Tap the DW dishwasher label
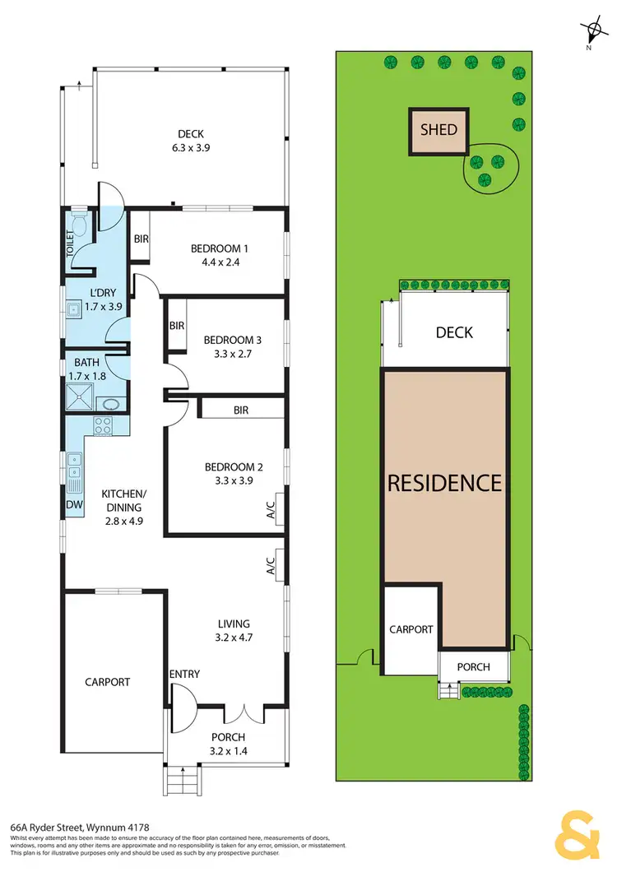click(x=74, y=504)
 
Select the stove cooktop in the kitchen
click(x=104, y=426)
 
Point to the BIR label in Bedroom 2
click(x=240, y=410)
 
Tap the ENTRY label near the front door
click(x=184, y=675)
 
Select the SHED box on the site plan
click(x=438, y=130)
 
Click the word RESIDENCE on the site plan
click(x=444, y=482)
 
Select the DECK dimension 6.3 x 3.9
click(x=190, y=149)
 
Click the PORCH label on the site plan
click(x=473, y=666)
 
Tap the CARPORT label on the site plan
click(x=411, y=629)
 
